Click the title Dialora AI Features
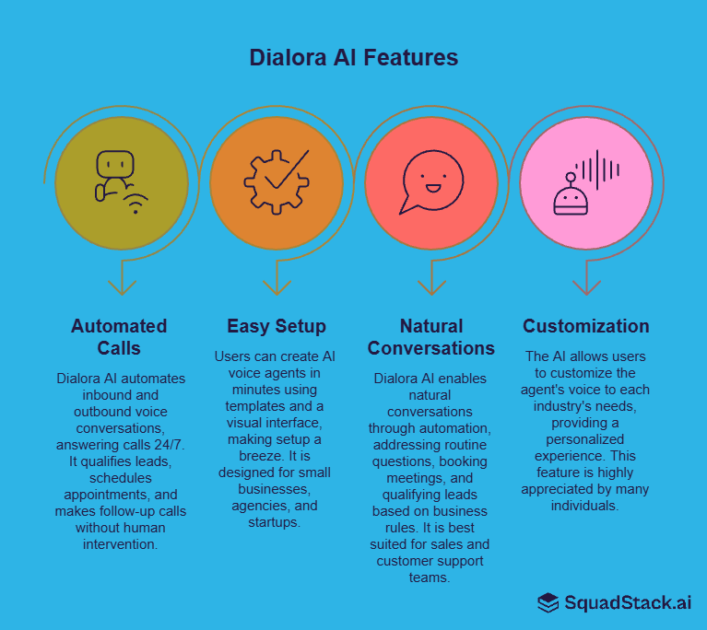click(x=353, y=57)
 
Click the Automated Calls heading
click(x=120, y=336)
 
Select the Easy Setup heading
click(x=276, y=326)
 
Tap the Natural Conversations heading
click(x=430, y=336)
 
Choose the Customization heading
click(x=585, y=326)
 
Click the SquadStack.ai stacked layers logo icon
click(x=548, y=602)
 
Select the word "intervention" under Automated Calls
click(x=121, y=543)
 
